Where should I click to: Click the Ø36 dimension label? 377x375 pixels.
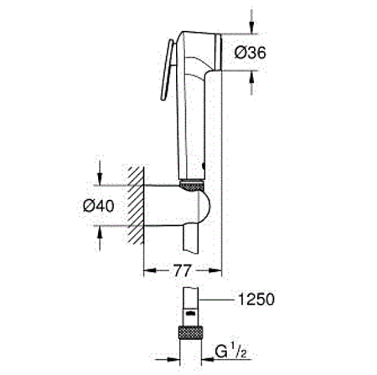pos(250,53)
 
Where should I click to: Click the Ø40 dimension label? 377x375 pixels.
pos(99,206)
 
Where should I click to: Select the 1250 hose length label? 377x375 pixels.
pos(256,300)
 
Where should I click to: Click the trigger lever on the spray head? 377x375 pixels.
pos(168,69)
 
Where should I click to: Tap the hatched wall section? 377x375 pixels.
pos(136,205)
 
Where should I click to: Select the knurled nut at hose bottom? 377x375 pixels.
pos(191,332)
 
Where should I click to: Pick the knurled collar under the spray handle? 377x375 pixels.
pos(192,186)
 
